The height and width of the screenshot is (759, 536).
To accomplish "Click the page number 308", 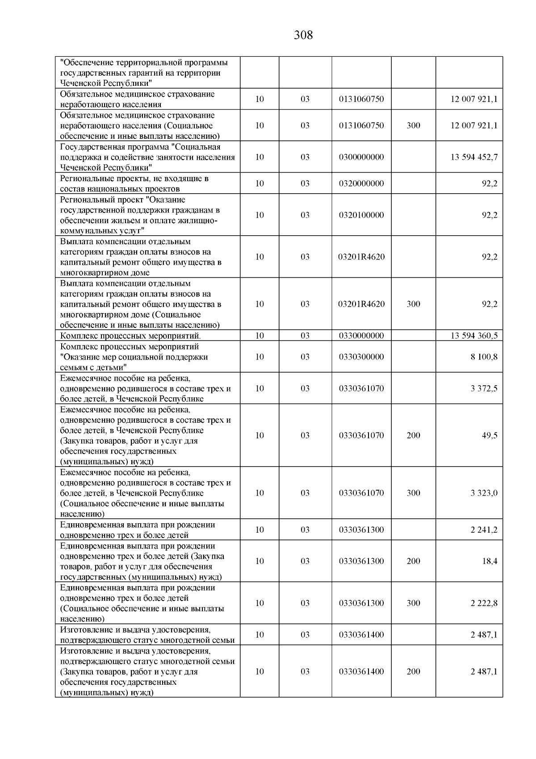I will (x=303, y=35).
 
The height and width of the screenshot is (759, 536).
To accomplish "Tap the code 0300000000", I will (x=361, y=157).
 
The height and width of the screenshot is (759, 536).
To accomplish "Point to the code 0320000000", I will (x=361, y=183).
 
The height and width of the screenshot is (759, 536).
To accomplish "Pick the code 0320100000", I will (x=361, y=215).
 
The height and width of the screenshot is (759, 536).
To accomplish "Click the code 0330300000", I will (x=361, y=357).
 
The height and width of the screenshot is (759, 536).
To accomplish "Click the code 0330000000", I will (x=361, y=336).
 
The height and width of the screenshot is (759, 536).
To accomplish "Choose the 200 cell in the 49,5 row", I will (x=413, y=436).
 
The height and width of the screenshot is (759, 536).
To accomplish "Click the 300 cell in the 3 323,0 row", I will (x=413, y=493).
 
